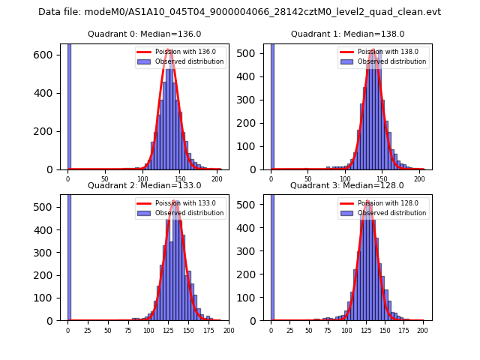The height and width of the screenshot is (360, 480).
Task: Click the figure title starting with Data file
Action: click(x=239, y=12)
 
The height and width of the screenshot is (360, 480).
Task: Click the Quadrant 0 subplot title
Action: click(x=144, y=34)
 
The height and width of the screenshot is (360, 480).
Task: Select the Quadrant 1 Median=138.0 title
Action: click(x=347, y=34)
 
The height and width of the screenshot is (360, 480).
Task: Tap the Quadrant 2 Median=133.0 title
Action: click(x=144, y=185)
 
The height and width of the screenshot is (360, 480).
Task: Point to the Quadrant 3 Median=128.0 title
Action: click(x=347, y=185)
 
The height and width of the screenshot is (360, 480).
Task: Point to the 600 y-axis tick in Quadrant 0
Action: click(x=46, y=55)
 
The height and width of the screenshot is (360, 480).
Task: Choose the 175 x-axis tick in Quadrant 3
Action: click(x=403, y=331)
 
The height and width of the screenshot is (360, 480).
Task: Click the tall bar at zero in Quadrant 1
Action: click(x=272, y=105)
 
